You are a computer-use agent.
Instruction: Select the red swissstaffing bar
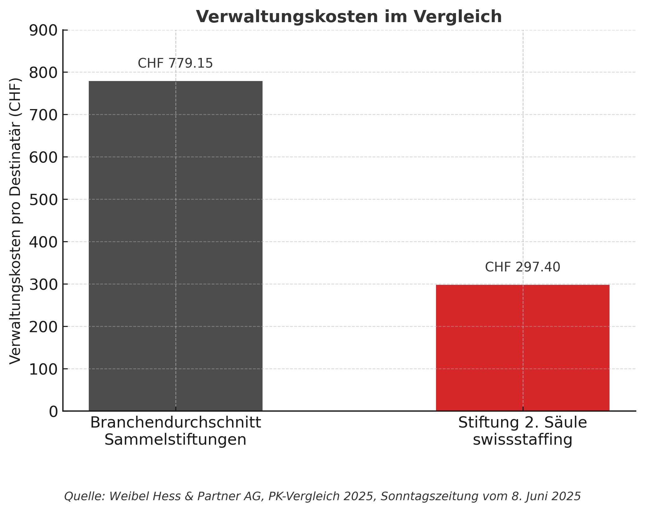pos(522,347)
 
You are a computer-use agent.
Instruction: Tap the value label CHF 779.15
pos(175,64)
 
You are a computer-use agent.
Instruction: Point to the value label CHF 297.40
pos(522,267)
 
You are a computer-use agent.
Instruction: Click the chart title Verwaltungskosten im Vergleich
pos(349,17)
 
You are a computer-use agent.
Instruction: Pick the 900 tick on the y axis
pos(43,31)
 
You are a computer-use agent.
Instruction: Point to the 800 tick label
pos(43,73)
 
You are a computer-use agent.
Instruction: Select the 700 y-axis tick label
pos(43,115)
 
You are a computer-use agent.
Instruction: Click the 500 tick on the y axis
pos(43,200)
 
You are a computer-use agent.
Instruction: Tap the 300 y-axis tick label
pos(43,285)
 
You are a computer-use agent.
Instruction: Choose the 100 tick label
pos(43,369)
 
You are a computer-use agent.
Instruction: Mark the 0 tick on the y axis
pos(53,412)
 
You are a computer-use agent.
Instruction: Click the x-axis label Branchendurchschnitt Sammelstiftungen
pos(175,431)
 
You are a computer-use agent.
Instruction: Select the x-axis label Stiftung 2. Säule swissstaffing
pos(522,431)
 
